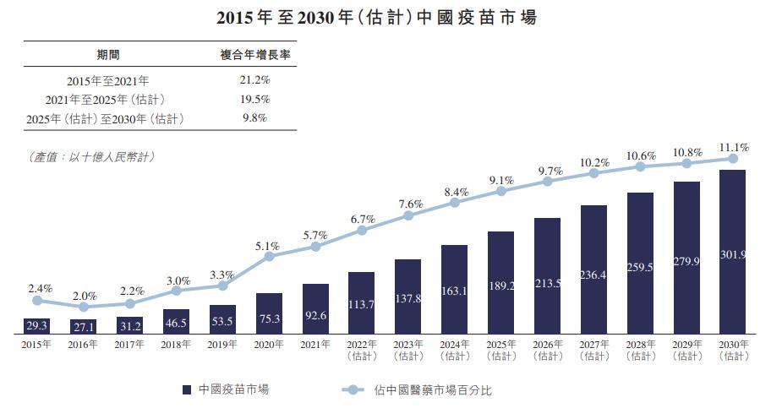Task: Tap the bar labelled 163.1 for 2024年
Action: tap(455, 289)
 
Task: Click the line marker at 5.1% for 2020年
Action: tap(269, 256)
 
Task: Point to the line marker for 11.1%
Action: tap(732, 158)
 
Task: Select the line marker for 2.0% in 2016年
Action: tap(84, 307)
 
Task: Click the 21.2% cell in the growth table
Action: tap(255, 80)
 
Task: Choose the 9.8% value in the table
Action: tap(255, 118)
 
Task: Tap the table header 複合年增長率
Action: tap(255, 55)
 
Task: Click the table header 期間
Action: tap(108, 55)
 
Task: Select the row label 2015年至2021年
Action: tap(108, 80)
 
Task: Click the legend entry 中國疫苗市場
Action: tap(227, 389)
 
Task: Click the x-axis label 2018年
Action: tap(176, 345)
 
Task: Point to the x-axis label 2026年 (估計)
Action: tap(547, 350)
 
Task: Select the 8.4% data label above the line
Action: tap(455, 191)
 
